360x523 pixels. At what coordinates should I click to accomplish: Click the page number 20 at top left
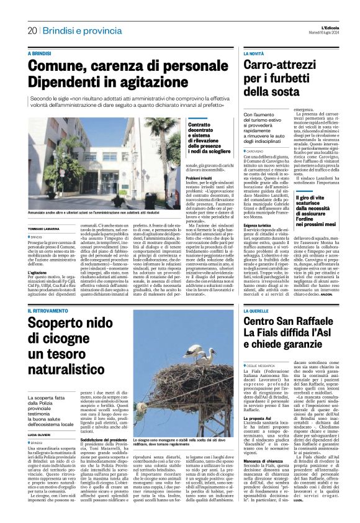tap(31, 30)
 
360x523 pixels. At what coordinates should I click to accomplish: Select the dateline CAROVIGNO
tap(258, 151)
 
